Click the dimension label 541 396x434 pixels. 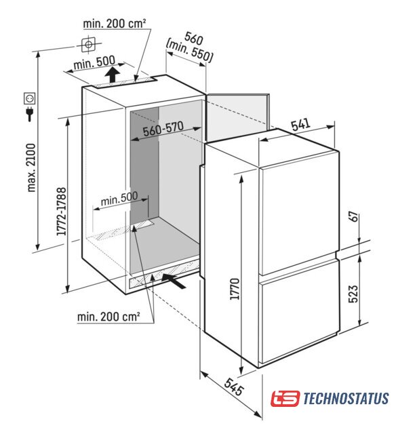coord(300,125)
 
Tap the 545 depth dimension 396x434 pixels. coord(234,387)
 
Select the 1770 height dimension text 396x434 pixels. coord(235,289)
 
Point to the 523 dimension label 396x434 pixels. coord(353,294)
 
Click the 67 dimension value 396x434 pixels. coord(353,216)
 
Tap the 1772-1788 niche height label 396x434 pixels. coord(61,212)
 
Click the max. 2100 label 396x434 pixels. coord(31,167)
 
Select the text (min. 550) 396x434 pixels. coord(189,52)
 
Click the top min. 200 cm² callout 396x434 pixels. coord(115,24)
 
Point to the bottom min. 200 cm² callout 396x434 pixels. coord(108,317)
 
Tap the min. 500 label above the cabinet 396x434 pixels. coord(94,62)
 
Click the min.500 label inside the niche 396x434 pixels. coord(119,199)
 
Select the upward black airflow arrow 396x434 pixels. coord(112,74)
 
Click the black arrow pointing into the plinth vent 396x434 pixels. coord(174,281)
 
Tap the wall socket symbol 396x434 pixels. coord(29,98)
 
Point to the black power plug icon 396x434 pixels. coord(29,114)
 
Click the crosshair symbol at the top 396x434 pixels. coord(89,44)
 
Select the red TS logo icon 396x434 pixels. coord(285,399)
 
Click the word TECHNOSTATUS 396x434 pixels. coord(346,399)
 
